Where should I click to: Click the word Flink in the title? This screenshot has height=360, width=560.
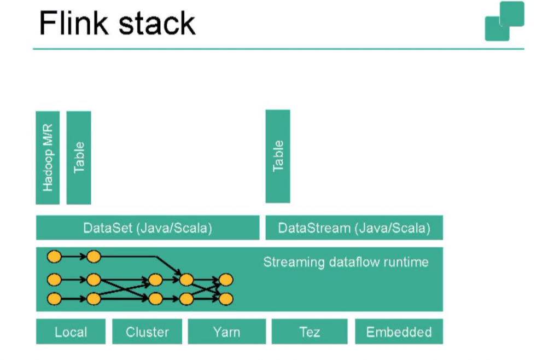click(74, 23)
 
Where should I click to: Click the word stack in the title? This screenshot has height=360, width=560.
click(157, 24)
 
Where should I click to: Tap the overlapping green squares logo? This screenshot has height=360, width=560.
click(504, 21)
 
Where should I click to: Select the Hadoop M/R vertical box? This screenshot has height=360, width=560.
click(48, 158)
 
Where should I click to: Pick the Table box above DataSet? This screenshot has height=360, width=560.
click(79, 158)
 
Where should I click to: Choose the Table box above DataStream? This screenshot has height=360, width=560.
click(278, 156)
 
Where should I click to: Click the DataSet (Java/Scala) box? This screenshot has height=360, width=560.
click(148, 228)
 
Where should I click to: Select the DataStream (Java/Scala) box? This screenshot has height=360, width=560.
click(354, 228)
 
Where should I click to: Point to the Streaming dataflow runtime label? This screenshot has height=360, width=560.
click(346, 262)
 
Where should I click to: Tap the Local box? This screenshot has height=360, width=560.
click(71, 332)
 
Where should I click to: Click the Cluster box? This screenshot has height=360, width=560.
click(147, 332)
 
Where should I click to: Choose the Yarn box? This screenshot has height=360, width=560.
click(227, 332)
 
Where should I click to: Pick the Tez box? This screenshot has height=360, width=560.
click(310, 332)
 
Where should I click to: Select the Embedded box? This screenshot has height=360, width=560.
click(399, 332)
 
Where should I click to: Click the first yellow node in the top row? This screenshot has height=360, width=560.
click(54, 257)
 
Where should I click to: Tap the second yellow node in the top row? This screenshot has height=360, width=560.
click(94, 257)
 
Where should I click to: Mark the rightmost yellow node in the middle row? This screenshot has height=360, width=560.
click(226, 280)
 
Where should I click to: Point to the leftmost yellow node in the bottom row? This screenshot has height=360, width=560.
click(54, 299)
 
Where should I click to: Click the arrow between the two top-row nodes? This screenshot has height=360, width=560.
click(74, 257)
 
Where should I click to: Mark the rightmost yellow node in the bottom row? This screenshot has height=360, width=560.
click(226, 299)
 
